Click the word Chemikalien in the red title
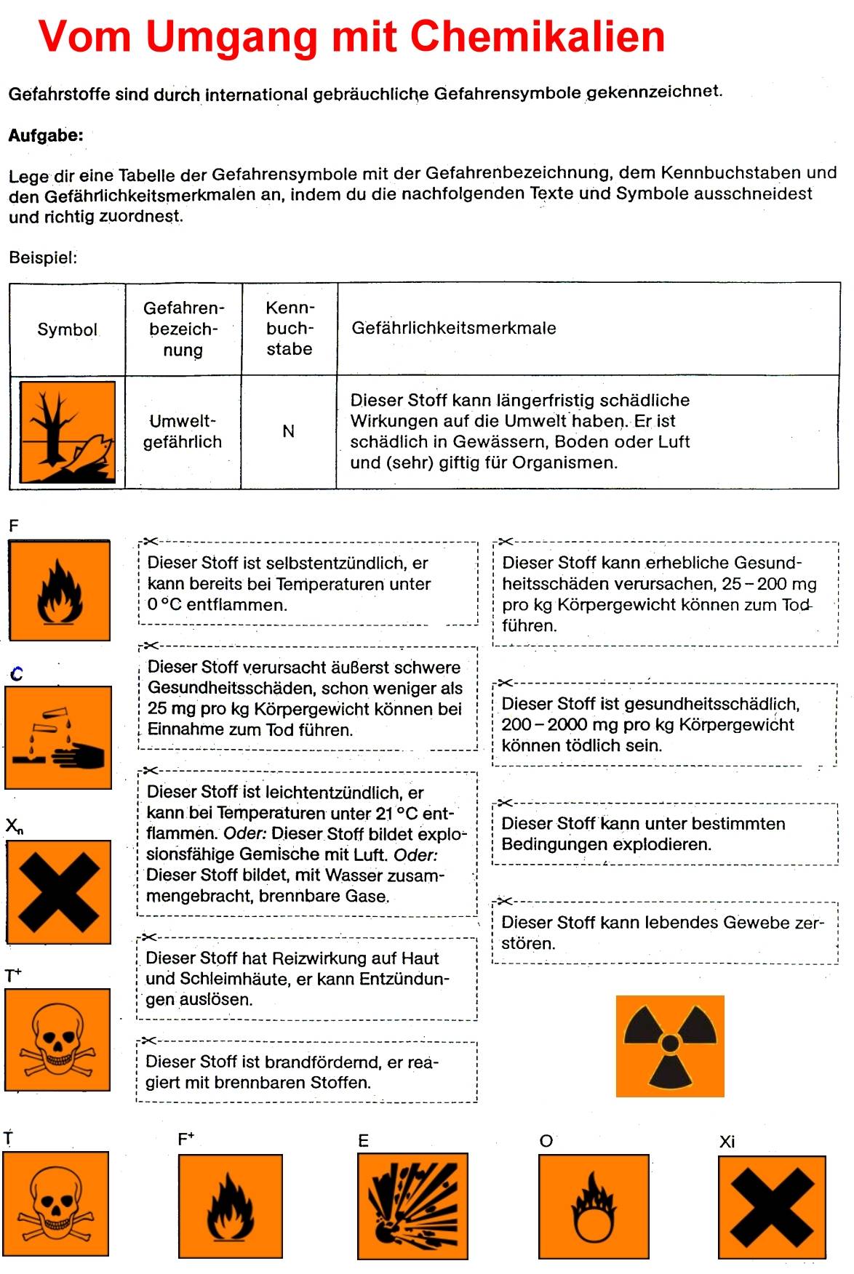coord(538,36)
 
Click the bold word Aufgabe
coord(45,135)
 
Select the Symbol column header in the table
coord(67,329)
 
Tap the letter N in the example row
coord(289,431)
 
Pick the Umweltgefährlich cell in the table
coord(183,431)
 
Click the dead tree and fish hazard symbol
coord(67,432)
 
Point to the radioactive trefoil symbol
coord(670,1046)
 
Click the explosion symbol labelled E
coord(412,1205)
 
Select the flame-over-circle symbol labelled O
coord(594,1206)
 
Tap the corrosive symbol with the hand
coord(58,737)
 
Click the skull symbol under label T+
coord(57,1039)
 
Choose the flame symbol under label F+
coord(231,1206)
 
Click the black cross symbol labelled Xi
coord(772,1207)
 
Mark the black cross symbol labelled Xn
coord(58,892)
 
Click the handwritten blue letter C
coord(17,674)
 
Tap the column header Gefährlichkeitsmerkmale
coord(453,328)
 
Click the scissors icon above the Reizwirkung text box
coord(149,937)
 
